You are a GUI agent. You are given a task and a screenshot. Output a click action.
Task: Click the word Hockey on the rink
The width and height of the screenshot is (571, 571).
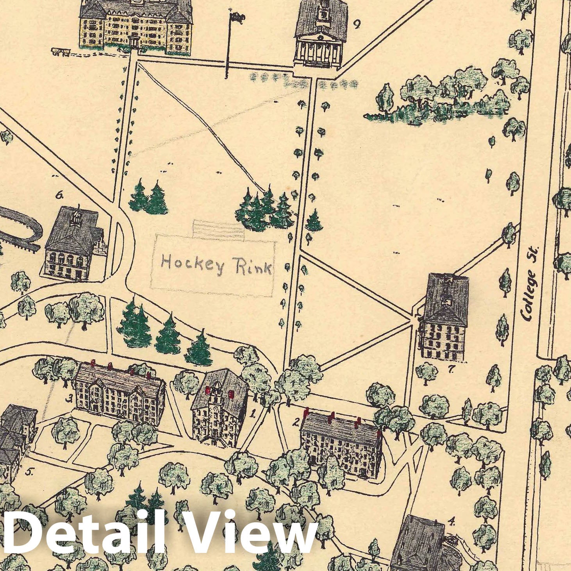coord(193,264)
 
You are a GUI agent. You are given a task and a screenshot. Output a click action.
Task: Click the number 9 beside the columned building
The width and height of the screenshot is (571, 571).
coord(357,25)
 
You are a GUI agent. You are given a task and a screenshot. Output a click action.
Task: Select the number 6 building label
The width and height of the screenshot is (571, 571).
coord(60,194)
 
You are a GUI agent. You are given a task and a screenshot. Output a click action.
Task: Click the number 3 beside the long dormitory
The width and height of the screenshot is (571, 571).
coord(70,398)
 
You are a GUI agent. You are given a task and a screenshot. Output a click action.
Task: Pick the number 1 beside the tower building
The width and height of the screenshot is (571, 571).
coord(253,413)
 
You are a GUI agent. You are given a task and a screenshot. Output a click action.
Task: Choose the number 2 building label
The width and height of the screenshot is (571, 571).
coord(296,422)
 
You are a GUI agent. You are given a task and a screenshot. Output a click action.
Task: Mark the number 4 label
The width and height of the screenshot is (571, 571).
coord(452,521)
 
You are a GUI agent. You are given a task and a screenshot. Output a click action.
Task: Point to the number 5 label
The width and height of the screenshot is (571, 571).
coord(29,472)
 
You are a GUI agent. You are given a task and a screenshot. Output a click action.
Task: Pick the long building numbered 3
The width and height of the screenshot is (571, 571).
coord(119,391)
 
